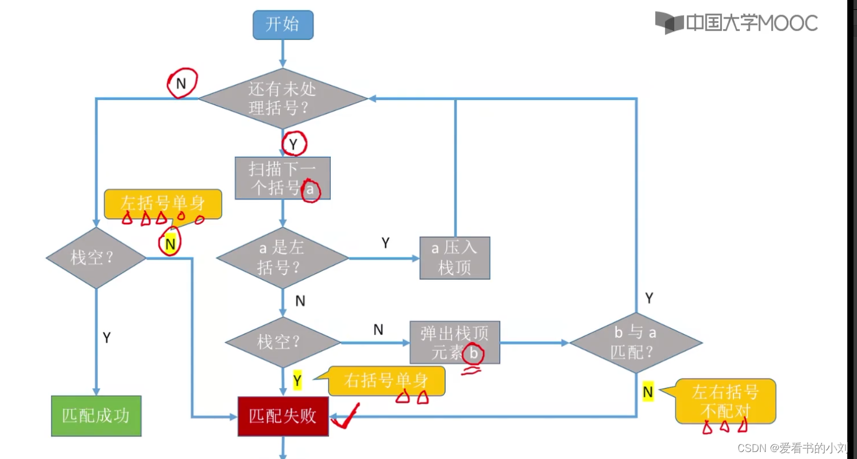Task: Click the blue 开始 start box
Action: [x=283, y=25]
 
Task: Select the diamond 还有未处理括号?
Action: [x=283, y=98]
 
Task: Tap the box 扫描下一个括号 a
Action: [x=283, y=178]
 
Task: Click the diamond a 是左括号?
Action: [x=282, y=257]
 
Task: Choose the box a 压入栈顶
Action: [x=455, y=257]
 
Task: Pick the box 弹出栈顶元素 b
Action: [x=454, y=343]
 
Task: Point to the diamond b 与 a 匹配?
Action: [x=635, y=342]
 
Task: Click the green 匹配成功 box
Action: [x=96, y=415]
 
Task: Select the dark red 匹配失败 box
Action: [x=283, y=415]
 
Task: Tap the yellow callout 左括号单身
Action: [x=162, y=203]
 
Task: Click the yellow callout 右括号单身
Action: [x=386, y=381]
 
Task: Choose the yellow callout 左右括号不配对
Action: [x=725, y=401]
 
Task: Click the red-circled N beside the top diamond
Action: [x=181, y=84]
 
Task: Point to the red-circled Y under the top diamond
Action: [x=294, y=144]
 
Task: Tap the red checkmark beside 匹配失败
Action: [x=345, y=417]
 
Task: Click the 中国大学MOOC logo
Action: [x=737, y=23]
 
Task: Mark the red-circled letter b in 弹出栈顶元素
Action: [x=474, y=353]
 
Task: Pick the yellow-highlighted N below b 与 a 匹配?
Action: [x=648, y=392]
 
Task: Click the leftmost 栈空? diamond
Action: [x=96, y=257]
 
